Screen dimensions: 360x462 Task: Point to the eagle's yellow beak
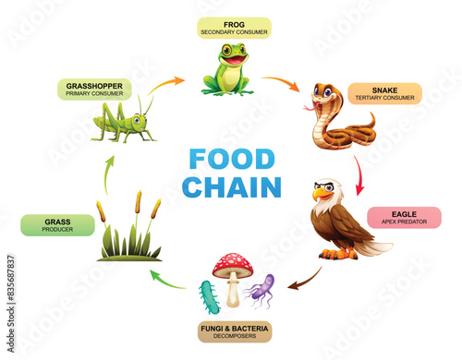click(320, 195)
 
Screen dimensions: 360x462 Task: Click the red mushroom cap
click(232, 267)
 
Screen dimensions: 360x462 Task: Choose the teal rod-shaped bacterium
click(206, 298)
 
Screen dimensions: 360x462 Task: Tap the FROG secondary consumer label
click(234, 28)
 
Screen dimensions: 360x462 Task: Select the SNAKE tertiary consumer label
click(385, 93)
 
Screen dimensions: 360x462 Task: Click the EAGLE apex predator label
click(404, 218)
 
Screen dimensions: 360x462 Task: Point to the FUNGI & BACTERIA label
click(234, 330)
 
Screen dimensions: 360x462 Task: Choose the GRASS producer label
click(57, 225)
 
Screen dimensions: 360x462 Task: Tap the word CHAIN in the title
click(231, 187)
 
